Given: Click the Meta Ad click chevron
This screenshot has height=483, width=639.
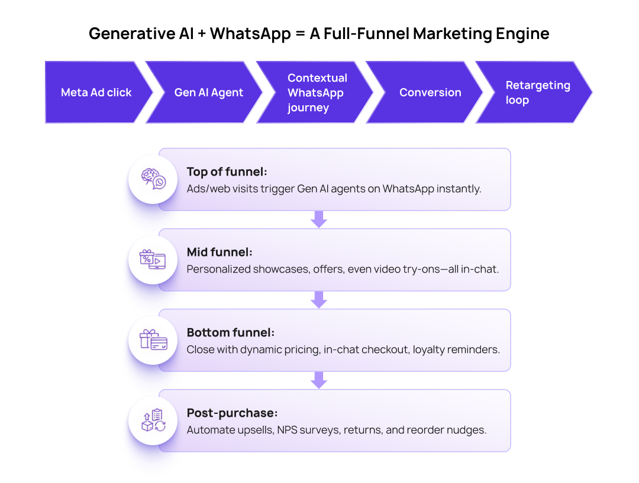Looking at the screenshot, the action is (96, 92).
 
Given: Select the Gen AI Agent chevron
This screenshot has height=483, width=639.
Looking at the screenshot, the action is (206, 92).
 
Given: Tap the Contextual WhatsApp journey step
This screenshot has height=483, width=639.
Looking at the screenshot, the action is (316, 92).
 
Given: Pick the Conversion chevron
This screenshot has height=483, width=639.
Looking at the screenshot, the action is (426, 92).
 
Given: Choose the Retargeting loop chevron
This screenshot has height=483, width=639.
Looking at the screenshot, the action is (534, 92).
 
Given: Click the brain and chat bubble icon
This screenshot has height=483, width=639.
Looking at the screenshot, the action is (153, 179).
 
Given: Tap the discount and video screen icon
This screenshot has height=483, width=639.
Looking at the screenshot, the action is (153, 260).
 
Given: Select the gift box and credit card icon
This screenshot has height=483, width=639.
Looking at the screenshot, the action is (153, 340).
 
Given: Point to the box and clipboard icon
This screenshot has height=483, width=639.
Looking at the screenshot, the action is (153, 420).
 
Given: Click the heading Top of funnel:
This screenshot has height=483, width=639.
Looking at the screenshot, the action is (227, 172).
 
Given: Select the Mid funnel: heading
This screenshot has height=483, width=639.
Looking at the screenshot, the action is (220, 252).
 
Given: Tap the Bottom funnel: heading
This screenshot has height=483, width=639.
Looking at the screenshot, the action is (231, 333).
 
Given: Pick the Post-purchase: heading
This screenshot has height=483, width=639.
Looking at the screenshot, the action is (233, 413).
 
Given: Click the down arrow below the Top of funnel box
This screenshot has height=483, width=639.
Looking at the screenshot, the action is (319, 219).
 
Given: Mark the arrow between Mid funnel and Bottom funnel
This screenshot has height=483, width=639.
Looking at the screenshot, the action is (319, 299).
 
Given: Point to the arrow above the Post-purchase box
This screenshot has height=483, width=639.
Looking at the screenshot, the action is (319, 380).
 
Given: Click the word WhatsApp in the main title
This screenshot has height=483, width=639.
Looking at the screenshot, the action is (250, 34).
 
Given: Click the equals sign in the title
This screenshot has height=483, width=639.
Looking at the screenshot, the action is (301, 34).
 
